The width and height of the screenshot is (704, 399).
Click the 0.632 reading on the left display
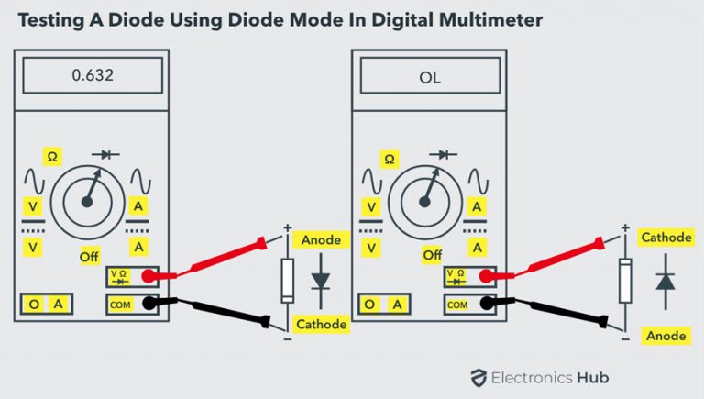(x=93, y=76)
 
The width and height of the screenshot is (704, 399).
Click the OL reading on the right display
(x=430, y=77)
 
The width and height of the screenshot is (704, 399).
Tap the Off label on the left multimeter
(x=89, y=257)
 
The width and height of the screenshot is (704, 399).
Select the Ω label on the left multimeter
(x=52, y=157)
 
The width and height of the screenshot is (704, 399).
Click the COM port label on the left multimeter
(x=120, y=304)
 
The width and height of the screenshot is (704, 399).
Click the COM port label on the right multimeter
(x=457, y=304)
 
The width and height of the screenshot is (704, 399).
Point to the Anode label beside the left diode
(x=321, y=240)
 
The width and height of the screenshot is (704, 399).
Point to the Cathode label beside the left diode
(x=321, y=324)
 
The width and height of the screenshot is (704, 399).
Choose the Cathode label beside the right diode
(x=665, y=238)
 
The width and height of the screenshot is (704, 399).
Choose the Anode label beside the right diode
(x=665, y=336)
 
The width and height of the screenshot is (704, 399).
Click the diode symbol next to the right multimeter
(x=665, y=281)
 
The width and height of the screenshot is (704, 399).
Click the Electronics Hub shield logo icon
(x=478, y=377)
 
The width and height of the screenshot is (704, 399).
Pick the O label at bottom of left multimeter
(x=35, y=304)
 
